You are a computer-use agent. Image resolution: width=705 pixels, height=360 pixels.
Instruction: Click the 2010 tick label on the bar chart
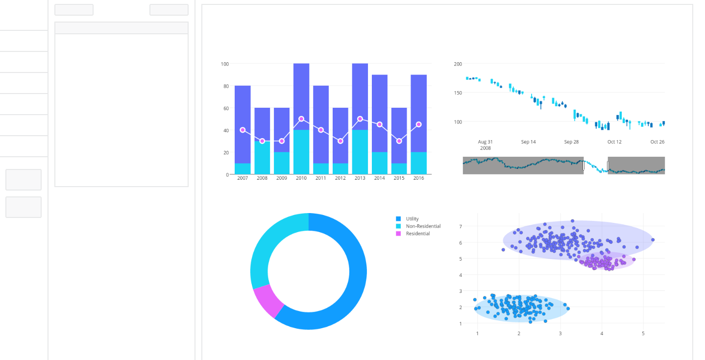click(301, 178)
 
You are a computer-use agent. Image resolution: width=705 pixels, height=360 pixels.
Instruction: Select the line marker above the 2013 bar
click(360, 119)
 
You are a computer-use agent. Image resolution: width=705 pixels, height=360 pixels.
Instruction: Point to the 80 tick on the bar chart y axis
click(225, 86)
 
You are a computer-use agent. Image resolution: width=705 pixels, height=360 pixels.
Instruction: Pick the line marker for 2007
click(243, 130)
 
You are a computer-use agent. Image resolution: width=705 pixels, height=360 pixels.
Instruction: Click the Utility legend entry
click(412, 219)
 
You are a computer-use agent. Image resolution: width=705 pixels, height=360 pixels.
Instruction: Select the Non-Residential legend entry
click(423, 226)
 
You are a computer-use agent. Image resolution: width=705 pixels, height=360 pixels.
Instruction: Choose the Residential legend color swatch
click(398, 234)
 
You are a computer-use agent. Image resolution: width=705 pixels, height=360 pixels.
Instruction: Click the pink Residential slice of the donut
click(267, 300)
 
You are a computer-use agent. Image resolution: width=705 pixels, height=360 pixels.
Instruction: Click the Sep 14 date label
click(528, 142)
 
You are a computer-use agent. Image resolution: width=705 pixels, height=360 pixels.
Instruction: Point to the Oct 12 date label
click(614, 142)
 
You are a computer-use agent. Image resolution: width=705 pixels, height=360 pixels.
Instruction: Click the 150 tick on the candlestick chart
click(458, 93)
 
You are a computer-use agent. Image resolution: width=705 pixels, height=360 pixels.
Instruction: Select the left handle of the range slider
click(583, 166)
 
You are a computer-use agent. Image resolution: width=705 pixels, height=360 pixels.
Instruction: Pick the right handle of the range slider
click(608, 166)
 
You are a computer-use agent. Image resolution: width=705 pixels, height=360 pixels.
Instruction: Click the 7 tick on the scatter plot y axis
click(461, 226)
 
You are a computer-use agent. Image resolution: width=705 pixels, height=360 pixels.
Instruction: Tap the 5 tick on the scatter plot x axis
click(643, 334)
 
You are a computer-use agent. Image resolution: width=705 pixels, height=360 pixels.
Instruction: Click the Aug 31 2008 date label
click(485, 144)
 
